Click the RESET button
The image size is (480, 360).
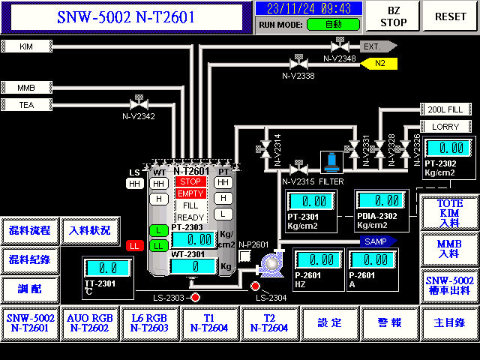[451, 16]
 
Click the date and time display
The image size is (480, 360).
[308, 8]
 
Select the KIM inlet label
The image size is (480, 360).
[27, 46]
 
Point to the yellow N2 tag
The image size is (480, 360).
[379, 63]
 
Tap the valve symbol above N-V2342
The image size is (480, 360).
[138, 103]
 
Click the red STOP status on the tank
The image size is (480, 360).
[190, 181]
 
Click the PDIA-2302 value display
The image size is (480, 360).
[380, 201]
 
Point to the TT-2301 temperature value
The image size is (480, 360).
[107, 268]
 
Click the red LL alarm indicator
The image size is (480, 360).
[134, 245]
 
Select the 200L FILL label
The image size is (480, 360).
[446, 109]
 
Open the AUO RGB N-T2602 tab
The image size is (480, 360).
[90, 322]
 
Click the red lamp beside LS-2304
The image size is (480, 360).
[256, 286]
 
